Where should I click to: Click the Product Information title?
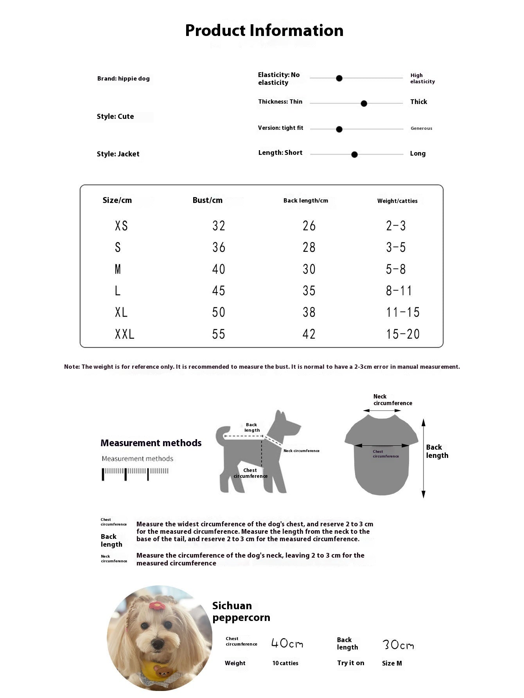(x=264, y=31)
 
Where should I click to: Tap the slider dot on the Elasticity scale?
(x=339, y=78)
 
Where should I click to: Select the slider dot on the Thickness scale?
(x=364, y=104)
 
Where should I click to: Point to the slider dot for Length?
(x=354, y=154)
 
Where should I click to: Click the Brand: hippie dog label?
(x=123, y=79)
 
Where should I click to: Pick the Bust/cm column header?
(x=207, y=200)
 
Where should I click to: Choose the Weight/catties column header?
(x=397, y=201)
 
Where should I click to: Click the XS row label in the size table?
(x=121, y=226)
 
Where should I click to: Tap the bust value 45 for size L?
(x=219, y=291)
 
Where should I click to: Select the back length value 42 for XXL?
(x=309, y=334)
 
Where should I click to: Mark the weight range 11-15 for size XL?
(x=402, y=312)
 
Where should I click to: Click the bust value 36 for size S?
(x=219, y=247)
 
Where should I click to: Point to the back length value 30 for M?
(x=309, y=269)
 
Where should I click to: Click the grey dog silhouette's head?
(x=285, y=424)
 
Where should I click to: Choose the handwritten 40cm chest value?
(x=287, y=643)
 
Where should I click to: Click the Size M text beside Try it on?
(x=392, y=663)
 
